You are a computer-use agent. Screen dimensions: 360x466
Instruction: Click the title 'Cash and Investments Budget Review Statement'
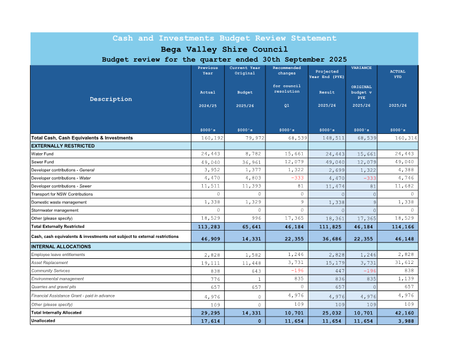(224, 38)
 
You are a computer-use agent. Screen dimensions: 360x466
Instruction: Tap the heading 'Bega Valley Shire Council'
(224, 49)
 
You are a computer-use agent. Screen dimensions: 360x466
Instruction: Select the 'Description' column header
(111, 99)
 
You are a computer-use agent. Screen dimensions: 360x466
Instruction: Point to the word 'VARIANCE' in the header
(362, 68)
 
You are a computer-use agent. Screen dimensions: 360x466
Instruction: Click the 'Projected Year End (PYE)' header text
(327, 74)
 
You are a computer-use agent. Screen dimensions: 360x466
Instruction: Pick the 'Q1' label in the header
(287, 105)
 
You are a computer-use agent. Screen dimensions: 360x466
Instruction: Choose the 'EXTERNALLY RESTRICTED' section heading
(63, 146)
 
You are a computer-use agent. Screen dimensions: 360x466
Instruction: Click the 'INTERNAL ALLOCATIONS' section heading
(61, 247)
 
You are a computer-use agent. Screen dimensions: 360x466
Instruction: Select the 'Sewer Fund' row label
(42, 162)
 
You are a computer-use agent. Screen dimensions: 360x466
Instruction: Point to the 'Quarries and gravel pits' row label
(57, 287)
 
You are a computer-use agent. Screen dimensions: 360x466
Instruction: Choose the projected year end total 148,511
(327, 138)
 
